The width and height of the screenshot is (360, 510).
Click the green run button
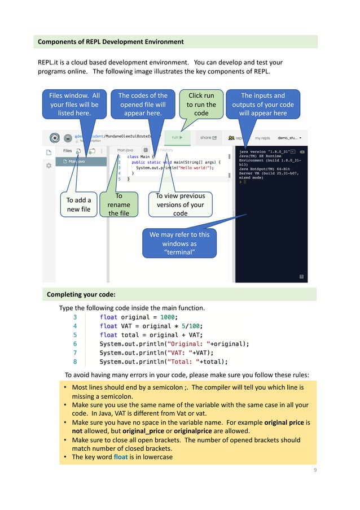pos(178,137)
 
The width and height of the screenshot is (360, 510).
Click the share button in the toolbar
pos(208,137)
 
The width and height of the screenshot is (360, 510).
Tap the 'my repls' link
pos(262,137)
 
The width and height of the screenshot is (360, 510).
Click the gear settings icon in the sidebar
pos(49,165)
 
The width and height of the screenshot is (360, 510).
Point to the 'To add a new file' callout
pos(78,204)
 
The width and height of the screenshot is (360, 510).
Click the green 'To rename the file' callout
pos(118,204)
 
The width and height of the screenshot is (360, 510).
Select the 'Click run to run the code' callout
pos(201,104)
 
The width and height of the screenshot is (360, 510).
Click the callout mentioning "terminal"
pos(178,243)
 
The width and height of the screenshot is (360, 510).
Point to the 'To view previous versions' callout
pos(180,204)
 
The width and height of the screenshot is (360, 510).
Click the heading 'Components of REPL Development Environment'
pos(111,42)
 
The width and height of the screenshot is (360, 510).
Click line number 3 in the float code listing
pos(74,317)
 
